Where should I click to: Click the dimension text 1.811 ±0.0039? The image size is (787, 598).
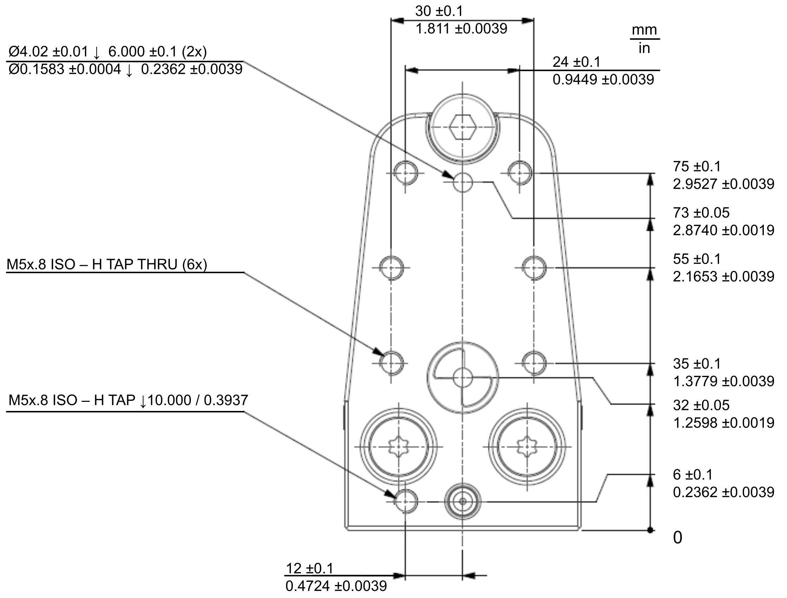pos(461,29)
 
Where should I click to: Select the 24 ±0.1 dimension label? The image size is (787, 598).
pos(576,62)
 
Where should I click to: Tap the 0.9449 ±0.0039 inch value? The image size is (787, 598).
pos(603,79)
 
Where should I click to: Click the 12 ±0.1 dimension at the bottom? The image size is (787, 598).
pos(310,568)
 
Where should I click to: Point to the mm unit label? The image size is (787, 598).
pos(644,30)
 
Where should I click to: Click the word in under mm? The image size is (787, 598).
pos(644,49)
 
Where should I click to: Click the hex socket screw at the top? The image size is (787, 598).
pos(462,127)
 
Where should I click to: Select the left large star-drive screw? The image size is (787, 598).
pos(399,446)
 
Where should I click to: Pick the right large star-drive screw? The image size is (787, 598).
pos(527,446)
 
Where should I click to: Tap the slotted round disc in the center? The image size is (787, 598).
pos(463,378)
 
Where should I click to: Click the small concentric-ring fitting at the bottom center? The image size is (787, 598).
pos(463,502)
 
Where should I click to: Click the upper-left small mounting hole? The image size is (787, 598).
pos(406,173)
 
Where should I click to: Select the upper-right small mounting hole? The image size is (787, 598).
pos(520,173)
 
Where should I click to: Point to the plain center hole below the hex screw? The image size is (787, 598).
pos(463,182)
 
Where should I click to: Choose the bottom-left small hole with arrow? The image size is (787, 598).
pos(406,502)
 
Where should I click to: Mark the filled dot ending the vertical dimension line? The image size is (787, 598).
pos(650,530)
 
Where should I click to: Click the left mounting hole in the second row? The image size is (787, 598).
pos(391,268)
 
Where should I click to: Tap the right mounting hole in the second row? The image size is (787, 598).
pos(534,268)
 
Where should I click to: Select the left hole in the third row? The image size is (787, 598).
pos(391,363)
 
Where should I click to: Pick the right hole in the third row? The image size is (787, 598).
pos(534,363)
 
